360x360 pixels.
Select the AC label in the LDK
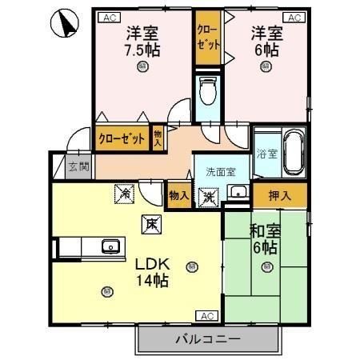point(206,315)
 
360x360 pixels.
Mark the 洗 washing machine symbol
point(208,197)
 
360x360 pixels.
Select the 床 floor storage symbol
point(150,225)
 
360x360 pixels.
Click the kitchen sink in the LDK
point(110,246)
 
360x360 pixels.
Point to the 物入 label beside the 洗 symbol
point(178,195)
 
